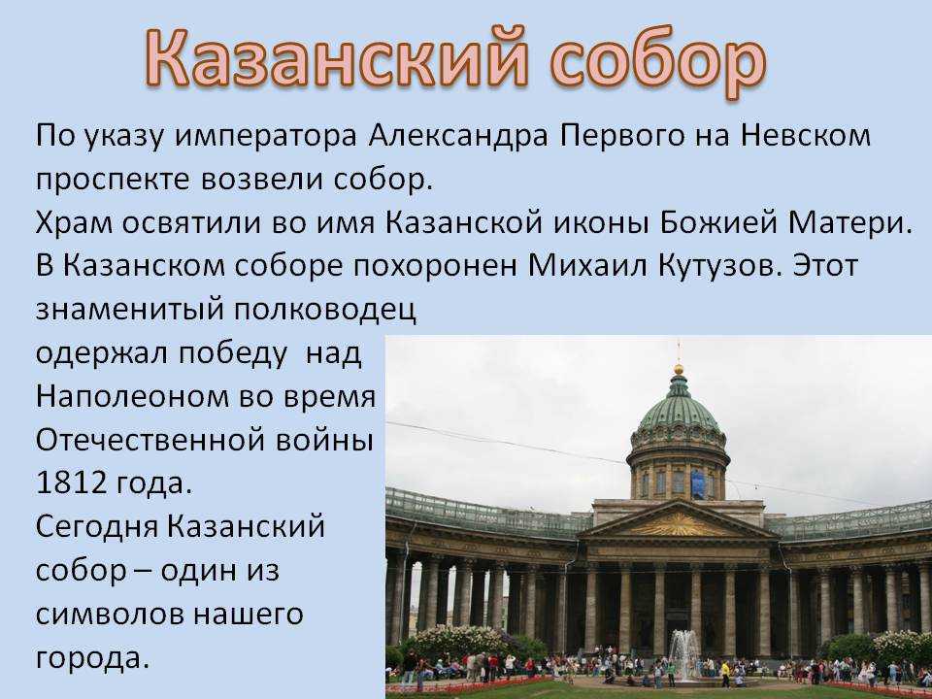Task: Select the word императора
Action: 266,137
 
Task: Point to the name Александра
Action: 457,137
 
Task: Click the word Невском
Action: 806,136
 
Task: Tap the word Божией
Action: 718,223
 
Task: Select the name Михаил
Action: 586,266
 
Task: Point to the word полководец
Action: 323,311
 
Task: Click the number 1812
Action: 71,483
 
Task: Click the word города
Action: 92,658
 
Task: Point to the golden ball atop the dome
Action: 679,370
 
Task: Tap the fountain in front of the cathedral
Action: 684,653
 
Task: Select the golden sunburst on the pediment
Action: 679,525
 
